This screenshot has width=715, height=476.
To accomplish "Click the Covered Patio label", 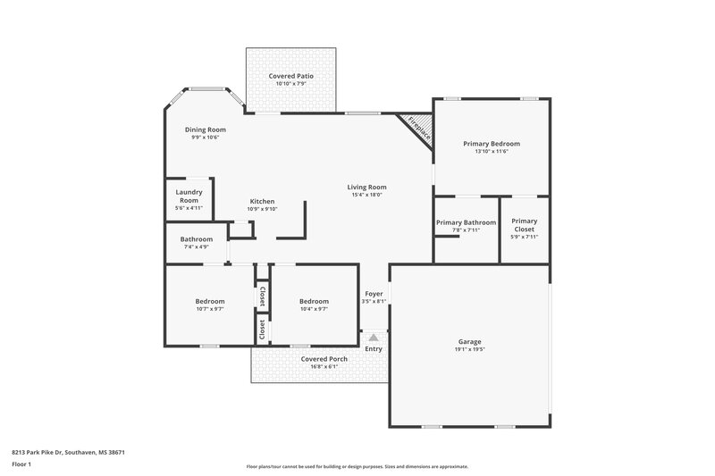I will coord(290,77).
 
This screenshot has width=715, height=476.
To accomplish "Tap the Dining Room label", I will coord(205,129).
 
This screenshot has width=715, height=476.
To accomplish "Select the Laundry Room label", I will coord(189,196).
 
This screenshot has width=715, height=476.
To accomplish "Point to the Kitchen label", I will coord(262,201).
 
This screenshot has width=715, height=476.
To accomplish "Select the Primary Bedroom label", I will coord(491,143).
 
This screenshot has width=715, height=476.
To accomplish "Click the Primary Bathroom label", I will coord(466,221).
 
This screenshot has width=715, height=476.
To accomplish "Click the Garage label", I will coord(469,342).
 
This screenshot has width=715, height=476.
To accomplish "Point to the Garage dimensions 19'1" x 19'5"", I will coord(469,350).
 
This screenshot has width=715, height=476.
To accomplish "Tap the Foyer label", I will coord(374,294).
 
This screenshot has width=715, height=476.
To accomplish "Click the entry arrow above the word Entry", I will coord(374,338).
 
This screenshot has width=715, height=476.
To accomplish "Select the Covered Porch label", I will coord(324,358).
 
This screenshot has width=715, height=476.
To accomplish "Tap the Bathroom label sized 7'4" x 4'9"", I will coord(196,239).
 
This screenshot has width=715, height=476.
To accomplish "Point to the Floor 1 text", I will coord(21,465).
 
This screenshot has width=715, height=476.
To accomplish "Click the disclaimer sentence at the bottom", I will coord(357,466).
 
